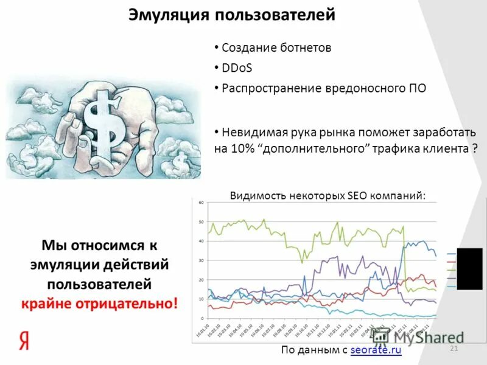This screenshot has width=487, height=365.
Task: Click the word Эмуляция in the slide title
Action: click(x=162, y=15)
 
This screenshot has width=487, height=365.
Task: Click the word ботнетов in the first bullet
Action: click(x=301, y=47)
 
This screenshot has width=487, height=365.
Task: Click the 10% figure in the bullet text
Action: click(x=244, y=148)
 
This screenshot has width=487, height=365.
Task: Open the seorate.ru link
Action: click(x=376, y=349)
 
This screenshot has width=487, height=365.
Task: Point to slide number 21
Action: click(x=453, y=347)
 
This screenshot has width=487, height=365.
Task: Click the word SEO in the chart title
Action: click(x=356, y=195)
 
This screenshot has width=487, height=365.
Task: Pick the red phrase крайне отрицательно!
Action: click(x=100, y=302)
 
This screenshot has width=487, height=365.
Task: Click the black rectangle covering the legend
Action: click(x=469, y=268)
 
